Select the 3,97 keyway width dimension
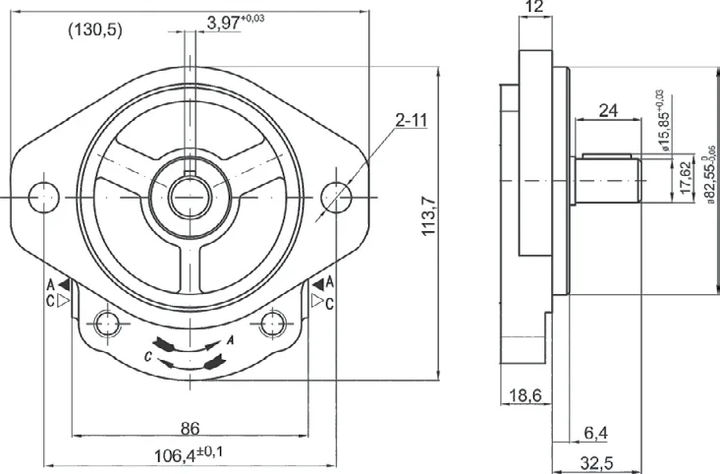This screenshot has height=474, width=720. click(235, 22)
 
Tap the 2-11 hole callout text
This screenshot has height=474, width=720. click(411, 120)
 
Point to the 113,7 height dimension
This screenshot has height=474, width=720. click(428, 215)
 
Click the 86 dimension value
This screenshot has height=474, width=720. click(190, 429)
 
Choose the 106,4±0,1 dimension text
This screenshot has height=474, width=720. click(189, 454)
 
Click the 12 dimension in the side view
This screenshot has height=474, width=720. click(535, 7)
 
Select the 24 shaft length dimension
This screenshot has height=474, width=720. click(608, 111)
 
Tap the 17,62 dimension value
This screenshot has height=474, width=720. click(685, 177)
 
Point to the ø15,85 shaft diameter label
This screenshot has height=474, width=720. click(663, 121)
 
